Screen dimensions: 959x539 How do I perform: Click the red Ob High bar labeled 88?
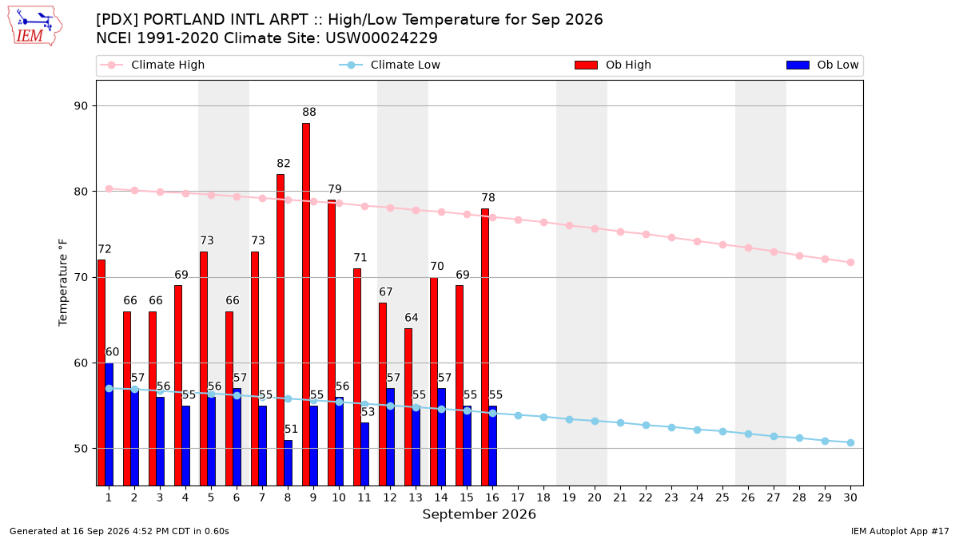point(306,304)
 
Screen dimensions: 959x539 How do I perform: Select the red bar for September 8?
point(281,330)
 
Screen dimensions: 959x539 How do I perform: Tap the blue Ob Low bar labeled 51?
point(288,463)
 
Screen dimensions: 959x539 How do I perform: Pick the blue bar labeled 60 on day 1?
point(109,424)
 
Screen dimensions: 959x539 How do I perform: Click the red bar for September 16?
point(485,347)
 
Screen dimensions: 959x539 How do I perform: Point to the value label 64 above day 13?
point(412,318)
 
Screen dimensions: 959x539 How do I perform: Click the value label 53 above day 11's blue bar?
point(368,411)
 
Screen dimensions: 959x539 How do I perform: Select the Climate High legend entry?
point(152,65)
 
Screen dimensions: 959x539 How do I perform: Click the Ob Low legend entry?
point(822,65)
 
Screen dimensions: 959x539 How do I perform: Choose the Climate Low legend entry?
point(389,65)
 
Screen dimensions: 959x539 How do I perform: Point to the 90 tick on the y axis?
point(81,105)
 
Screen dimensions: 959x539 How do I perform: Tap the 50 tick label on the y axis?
point(81,449)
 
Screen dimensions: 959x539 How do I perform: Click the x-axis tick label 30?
point(850,497)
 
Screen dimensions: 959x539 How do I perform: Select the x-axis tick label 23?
point(671,497)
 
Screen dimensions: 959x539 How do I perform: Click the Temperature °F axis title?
point(63,283)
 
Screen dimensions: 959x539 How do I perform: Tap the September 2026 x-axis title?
point(479,514)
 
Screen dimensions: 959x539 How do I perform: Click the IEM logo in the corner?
point(34,26)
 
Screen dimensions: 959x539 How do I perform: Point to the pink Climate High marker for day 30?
point(850,262)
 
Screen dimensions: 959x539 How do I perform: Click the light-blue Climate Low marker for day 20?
point(595,422)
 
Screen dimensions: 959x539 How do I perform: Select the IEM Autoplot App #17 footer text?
point(900,531)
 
